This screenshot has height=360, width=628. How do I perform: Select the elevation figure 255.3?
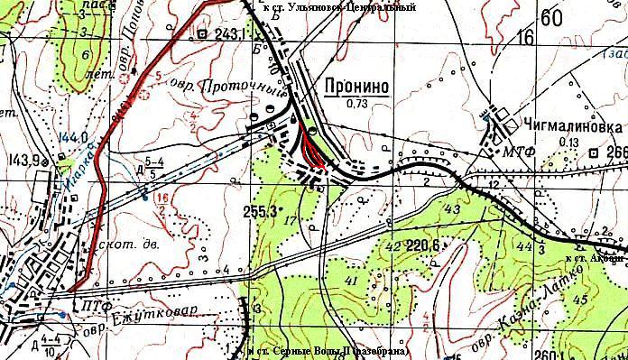(x=260, y=213)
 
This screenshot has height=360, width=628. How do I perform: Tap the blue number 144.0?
(x=72, y=138)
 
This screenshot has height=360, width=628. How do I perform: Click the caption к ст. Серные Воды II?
(x=329, y=350)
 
